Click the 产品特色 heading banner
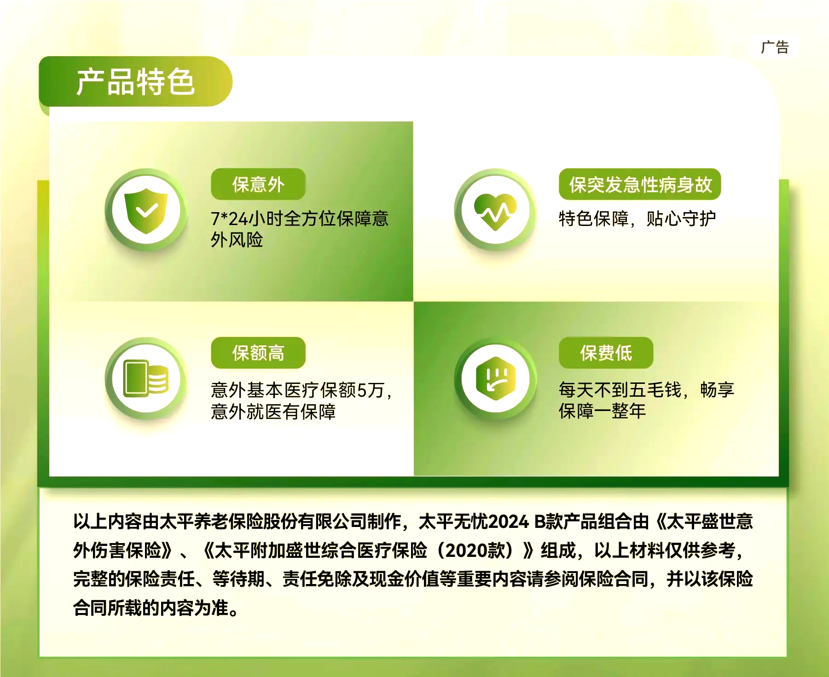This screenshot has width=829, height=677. coord(135,82)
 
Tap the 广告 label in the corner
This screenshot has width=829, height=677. coord(775,47)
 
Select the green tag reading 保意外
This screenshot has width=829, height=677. coord(258,184)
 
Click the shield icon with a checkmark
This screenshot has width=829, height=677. coord(146,211)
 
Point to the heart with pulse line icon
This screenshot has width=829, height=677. coord(495,211)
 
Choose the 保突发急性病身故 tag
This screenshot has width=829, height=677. coord(640,184)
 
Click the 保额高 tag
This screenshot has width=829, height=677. coord(258,353)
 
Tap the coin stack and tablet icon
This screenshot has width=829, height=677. coord(146,378)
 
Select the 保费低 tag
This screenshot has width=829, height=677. coord(606,353)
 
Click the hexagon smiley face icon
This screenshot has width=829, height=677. coord(495,378)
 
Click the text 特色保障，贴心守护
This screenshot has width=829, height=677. coord(637,219)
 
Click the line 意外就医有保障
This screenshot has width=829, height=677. coord(273,411)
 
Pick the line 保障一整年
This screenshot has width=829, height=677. coord(602,411)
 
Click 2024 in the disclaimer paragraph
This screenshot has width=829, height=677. coord(509,522)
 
